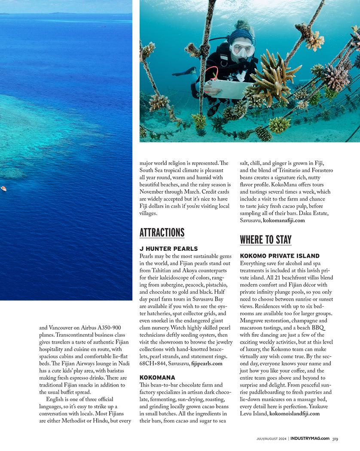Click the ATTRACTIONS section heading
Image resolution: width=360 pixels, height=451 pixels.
[162, 232]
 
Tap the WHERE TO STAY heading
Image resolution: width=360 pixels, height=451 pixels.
[265, 239]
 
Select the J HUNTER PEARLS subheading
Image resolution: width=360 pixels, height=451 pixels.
[168, 249]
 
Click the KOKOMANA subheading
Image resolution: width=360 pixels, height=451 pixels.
[157, 377]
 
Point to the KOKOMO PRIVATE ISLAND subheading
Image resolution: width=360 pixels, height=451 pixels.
[280, 256]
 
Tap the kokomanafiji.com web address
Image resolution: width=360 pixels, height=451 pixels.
[284, 220]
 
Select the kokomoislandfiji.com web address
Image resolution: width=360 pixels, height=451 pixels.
[294, 414]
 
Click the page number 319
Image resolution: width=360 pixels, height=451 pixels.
[335, 439]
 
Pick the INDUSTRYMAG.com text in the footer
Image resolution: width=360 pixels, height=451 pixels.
[310, 439]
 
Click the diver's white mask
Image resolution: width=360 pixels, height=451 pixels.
[242, 49]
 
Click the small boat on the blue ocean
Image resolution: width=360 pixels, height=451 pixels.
[3, 188]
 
